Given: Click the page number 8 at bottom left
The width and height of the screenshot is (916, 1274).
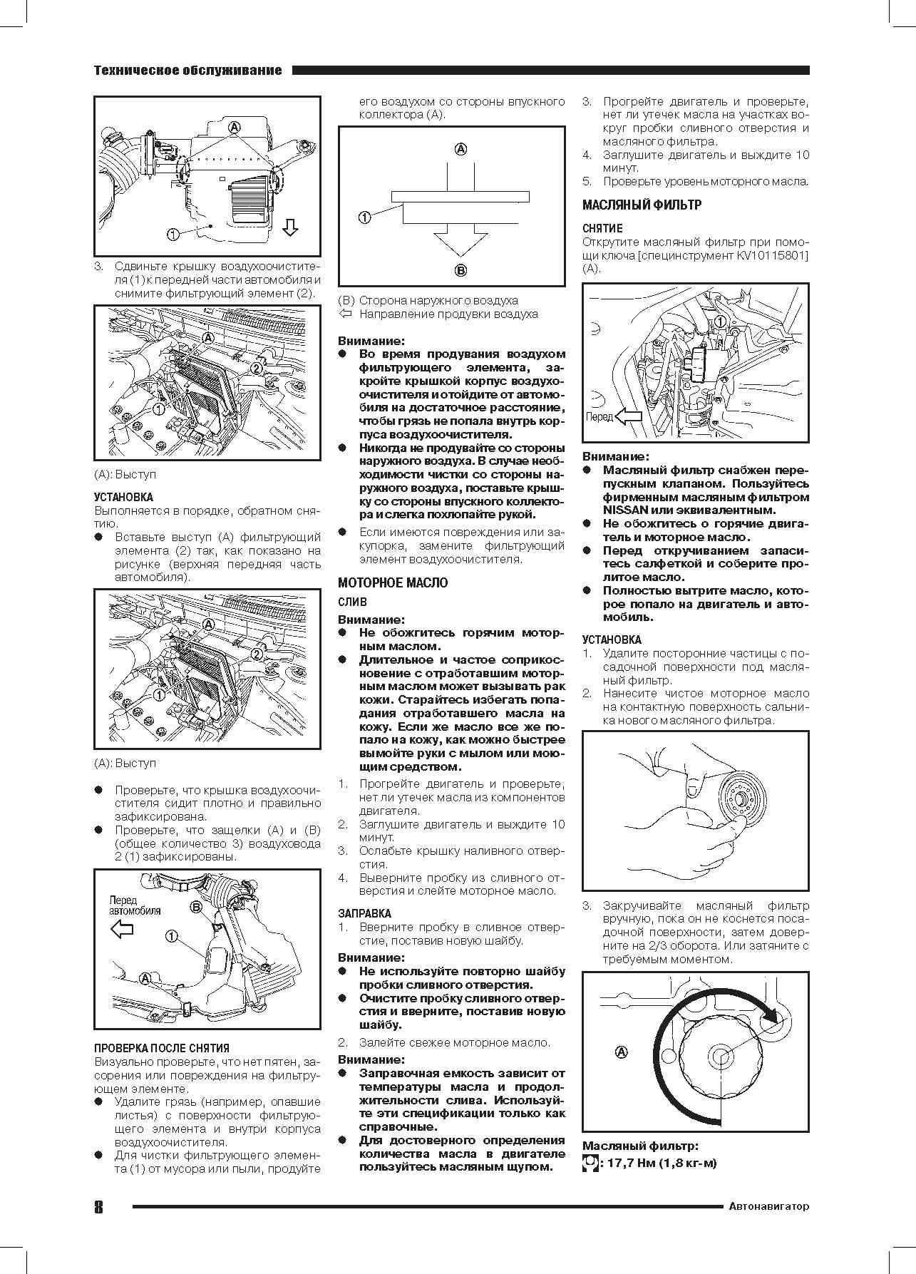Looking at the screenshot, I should point(98,1206).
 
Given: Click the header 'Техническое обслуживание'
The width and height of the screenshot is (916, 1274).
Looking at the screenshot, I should point(187,71).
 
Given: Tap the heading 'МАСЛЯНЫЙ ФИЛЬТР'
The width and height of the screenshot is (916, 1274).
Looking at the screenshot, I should point(642,205).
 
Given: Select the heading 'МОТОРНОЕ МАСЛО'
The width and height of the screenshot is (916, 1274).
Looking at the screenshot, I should point(393,582).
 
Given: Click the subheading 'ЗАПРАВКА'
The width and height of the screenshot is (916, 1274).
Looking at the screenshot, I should point(364,913).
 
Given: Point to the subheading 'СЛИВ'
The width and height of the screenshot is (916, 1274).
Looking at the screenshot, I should point(352,602).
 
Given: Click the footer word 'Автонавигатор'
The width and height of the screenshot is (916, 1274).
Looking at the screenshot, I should point(769,1206).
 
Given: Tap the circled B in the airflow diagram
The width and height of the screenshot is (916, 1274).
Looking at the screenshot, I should point(460,270).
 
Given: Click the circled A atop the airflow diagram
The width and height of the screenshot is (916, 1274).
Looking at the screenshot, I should point(460,149).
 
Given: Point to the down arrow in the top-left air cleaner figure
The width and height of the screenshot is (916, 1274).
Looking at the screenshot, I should point(290,228).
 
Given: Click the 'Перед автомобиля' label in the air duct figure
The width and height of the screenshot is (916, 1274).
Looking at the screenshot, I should point(135,905).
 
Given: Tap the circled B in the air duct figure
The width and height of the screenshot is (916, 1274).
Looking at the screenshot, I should point(195,907).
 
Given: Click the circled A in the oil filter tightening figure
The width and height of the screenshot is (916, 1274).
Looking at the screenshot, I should point(620,1051).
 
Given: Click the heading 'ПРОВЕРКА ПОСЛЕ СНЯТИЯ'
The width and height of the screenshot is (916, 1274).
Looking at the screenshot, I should point(162,1048).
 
